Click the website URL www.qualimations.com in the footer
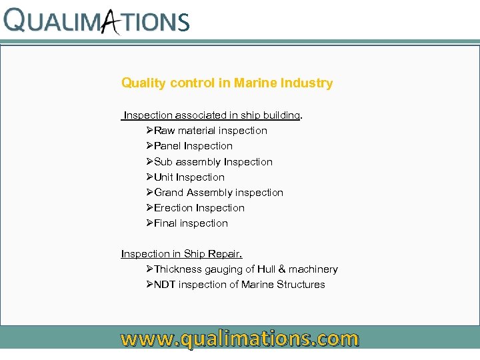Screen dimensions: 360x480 (x=239, y=339)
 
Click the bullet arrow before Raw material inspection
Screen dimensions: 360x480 (x=149, y=131)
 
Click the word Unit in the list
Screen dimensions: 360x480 (x=163, y=177)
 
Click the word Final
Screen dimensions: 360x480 (x=166, y=223)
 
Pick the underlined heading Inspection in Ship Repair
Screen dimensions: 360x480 (x=181, y=254)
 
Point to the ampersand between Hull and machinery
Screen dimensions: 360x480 (x=282, y=269)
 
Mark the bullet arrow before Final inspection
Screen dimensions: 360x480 (x=149, y=223)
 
